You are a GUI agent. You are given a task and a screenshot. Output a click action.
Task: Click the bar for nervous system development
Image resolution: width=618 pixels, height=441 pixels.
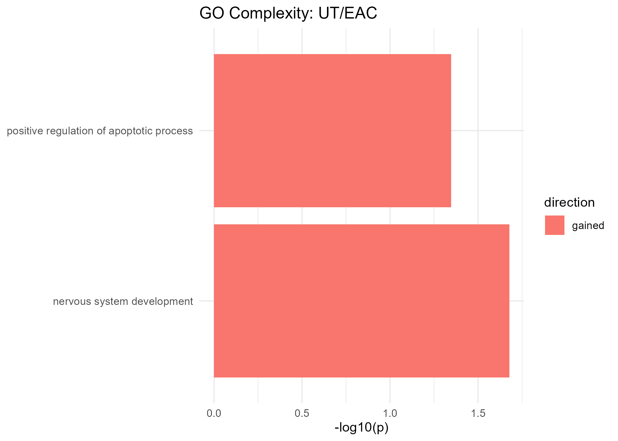click(x=361, y=301)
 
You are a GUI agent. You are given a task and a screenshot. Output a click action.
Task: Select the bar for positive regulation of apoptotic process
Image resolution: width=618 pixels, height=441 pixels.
click(x=333, y=131)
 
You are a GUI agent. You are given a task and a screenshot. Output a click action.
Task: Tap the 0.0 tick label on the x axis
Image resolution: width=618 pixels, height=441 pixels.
click(x=214, y=414)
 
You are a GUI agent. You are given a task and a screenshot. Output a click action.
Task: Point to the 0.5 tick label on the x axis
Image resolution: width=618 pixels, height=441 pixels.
click(x=302, y=414)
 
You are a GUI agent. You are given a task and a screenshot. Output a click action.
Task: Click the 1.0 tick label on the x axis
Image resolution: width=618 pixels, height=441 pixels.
click(x=390, y=414)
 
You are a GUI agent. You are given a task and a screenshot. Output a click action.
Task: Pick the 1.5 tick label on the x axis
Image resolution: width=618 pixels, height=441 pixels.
click(x=478, y=414)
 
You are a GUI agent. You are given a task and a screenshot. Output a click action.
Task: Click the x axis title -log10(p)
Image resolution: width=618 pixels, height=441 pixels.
click(x=361, y=428)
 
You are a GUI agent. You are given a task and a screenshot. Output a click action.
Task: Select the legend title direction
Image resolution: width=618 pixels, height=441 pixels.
click(x=569, y=203)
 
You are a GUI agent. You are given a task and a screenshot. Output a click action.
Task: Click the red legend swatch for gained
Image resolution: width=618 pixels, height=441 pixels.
click(x=554, y=225)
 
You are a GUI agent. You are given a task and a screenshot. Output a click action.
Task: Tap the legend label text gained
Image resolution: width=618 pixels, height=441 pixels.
click(x=588, y=225)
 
